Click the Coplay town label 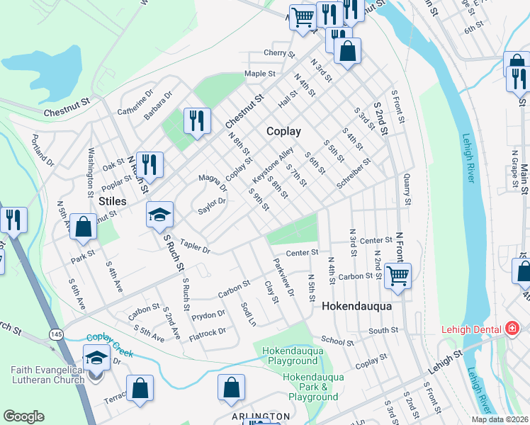click(x=283, y=131)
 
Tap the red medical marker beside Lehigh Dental click(x=511, y=329)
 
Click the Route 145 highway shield click(x=55, y=333)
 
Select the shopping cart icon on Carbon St click(x=397, y=275)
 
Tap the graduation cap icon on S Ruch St click(x=160, y=213)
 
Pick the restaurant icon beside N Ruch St click(x=150, y=164)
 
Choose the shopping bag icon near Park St click(x=84, y=227)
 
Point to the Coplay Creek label click(x=110, y=339)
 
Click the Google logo click(x=23, y=416)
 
